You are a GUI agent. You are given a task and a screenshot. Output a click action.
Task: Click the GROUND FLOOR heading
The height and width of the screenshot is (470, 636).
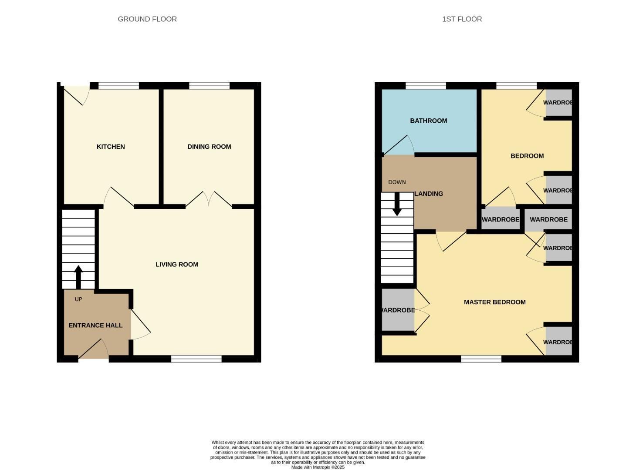tap(147, 19)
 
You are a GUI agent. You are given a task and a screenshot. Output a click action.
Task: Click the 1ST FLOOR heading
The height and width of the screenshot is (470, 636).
tap(462, 19)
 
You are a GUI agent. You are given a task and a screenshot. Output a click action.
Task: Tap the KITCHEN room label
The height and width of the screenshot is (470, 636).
tap(111, 147)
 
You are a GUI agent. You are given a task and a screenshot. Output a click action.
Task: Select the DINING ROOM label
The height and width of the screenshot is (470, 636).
tap(209, 147)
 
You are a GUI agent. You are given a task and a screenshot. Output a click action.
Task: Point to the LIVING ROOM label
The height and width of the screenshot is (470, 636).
tap(177, 265)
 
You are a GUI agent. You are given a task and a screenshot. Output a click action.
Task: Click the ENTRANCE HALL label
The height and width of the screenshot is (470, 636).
tap(95, 326)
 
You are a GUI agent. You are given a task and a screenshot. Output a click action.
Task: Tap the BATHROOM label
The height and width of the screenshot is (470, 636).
tap(428, 121)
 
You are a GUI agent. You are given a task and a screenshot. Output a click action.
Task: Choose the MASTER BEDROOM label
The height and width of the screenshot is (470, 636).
tap(494, 302)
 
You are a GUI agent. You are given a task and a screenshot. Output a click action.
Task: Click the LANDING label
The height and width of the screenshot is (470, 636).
tap(429, 194)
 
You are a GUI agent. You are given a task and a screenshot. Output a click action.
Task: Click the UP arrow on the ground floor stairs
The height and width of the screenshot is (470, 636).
tap(78, 276)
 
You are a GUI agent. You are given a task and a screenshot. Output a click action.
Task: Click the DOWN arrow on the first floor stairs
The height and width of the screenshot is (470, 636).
tap(397, 205)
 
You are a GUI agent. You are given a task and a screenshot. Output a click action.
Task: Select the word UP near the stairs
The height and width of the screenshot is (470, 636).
tap(78, 299)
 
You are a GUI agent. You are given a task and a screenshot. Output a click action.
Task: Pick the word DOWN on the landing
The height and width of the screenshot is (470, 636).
tap(397, 182)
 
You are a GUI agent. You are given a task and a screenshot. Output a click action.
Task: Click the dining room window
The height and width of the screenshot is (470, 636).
tap(209, 86)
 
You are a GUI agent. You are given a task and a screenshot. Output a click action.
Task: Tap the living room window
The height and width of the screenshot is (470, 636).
tap(196, 359)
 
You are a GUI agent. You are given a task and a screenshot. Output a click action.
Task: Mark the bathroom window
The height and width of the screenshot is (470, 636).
tap(426, 86)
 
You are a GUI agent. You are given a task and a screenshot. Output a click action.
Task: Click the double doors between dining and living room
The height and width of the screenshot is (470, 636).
tap(209, 200)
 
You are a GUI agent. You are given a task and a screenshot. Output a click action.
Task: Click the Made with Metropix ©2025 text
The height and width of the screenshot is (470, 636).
tap(318, 467)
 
